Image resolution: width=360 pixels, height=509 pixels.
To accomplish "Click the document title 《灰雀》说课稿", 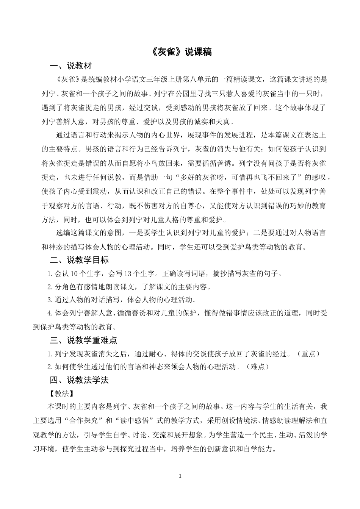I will click(x=180, y=52).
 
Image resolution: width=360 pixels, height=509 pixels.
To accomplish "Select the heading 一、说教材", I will click(x=71, y=66).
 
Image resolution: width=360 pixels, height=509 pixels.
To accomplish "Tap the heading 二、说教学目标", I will click(x=79, y=260).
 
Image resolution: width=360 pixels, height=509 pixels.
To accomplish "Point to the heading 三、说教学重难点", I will click(x=83, y=340).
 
